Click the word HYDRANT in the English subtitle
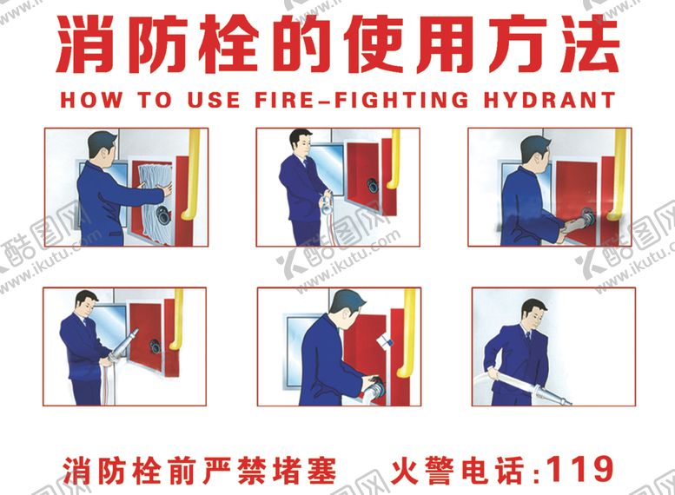pos(549,100)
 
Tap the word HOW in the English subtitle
pos(91,100)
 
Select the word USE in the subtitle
pos(213,100)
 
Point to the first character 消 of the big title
pos(86,44)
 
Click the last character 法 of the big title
pos(588,44)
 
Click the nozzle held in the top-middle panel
pos(327,202)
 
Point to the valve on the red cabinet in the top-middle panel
pos(373,186)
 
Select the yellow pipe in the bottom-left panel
pos(176,319)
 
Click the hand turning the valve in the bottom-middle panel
pos(372,382)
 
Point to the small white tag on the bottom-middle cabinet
pos(385,342)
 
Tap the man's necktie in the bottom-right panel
pos(528,339)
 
